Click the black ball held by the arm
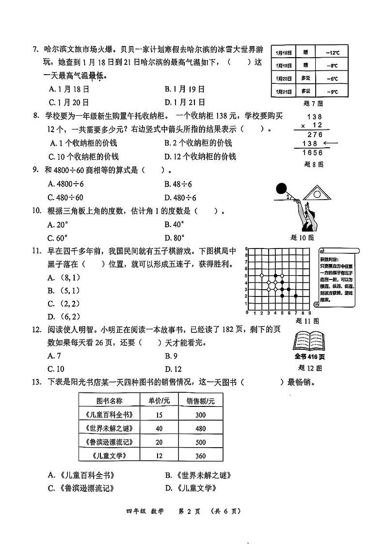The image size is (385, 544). coord(281,189)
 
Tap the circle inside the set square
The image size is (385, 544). coord(317,194)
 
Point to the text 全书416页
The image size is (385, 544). coord(309,357)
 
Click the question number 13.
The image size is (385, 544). coord(36,383)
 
